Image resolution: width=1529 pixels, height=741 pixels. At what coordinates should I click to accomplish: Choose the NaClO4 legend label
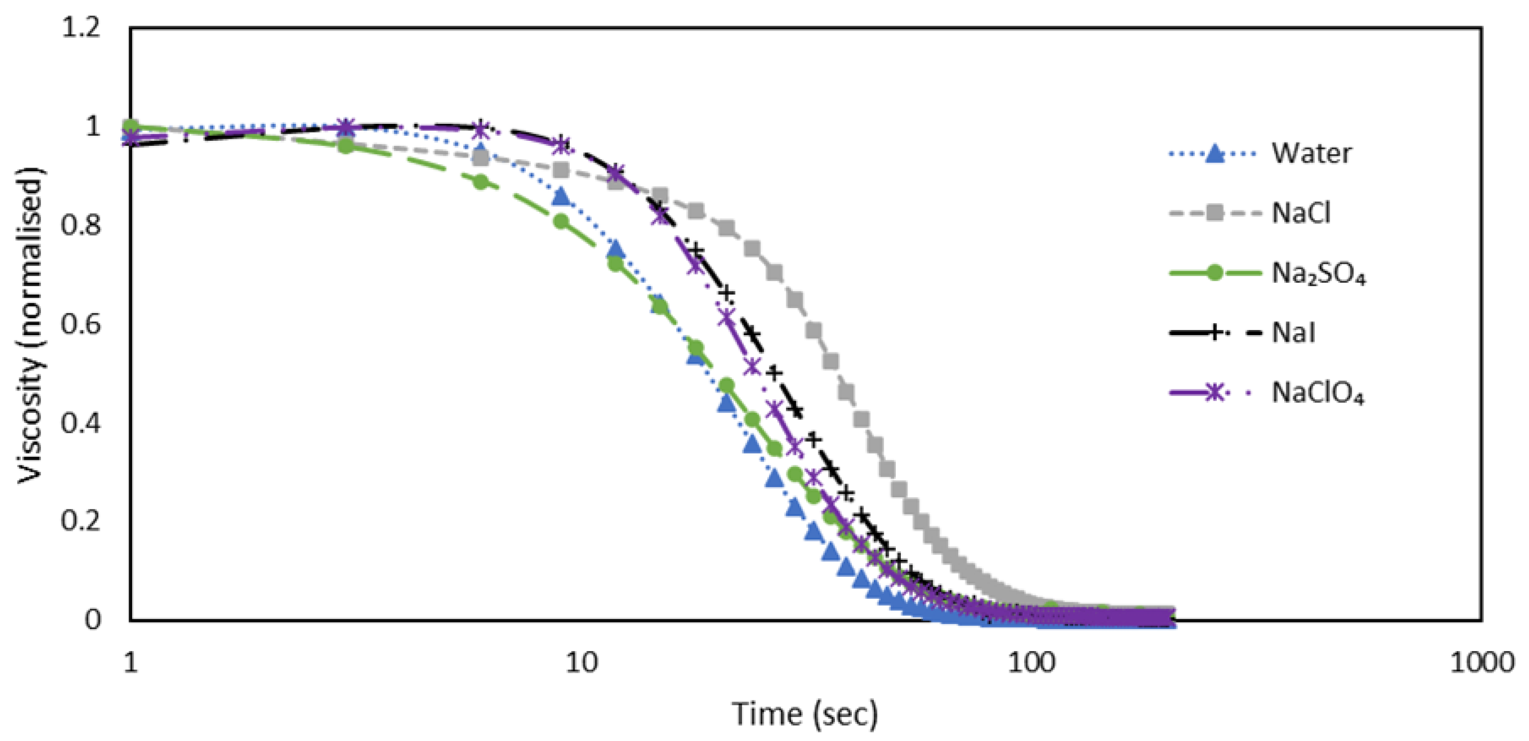(x=1317, y=392)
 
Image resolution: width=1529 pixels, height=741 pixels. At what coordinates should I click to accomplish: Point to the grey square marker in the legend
(x=1215, y=213)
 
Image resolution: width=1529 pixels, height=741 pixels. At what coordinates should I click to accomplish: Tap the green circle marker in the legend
(x=1215, y=273)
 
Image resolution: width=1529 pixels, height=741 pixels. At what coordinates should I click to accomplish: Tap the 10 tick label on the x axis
(x=581, y=662)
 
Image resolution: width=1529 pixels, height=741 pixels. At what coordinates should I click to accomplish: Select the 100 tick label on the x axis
(x=1032, y=662)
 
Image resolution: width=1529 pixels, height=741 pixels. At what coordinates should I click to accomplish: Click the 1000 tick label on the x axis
(x=1482, y=662)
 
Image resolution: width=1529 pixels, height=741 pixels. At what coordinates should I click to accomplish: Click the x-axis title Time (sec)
(x=804, y=713)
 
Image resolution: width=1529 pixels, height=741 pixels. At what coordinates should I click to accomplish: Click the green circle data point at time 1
(x=131, y=126)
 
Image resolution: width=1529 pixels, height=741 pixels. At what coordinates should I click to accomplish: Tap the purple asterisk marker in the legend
(x=1215, y=392)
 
